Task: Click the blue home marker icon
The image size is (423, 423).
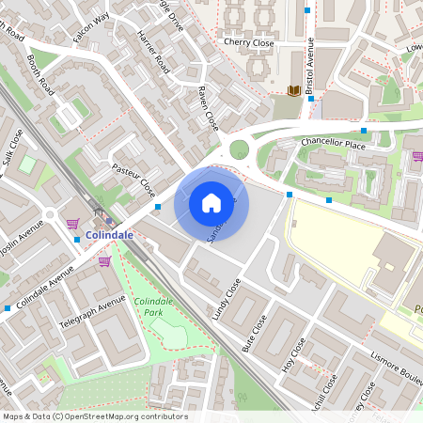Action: [x=211, y=202]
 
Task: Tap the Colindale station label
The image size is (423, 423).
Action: [x=109, y=234]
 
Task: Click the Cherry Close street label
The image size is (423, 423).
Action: [x=248, y=41]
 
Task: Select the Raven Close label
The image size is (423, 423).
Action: [x=208, y=110]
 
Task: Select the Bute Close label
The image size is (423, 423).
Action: [x=254, y=333]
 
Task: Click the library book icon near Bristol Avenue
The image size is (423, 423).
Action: [x=294, y=90]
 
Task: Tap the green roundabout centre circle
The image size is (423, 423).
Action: [x=240, y=149]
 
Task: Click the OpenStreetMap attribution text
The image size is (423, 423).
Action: [x=95, y=416]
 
